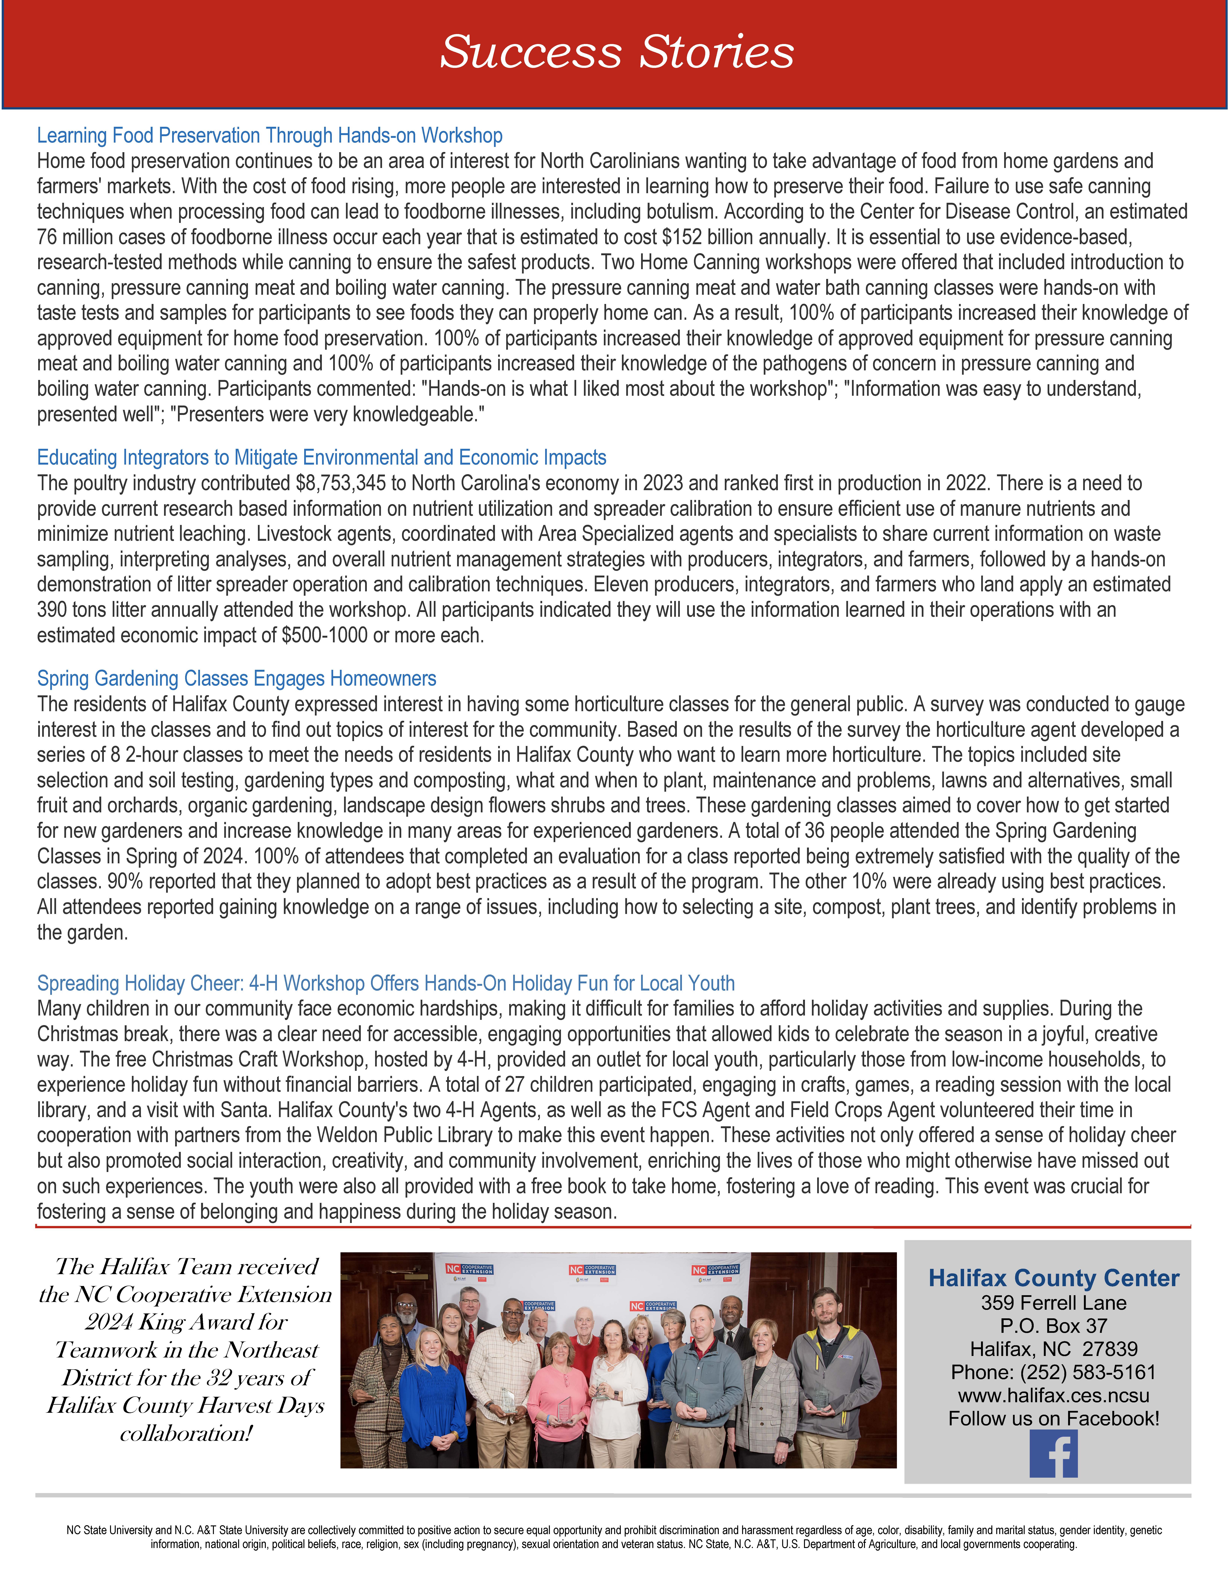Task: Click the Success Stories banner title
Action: click(x=617, y=52)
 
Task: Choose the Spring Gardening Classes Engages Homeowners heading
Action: click(x=236, y=679)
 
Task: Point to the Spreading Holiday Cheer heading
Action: click(x=386, y=984)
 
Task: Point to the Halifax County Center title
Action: click(x=1053, y=1278)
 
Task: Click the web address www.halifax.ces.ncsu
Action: click(x=1053, y=1395)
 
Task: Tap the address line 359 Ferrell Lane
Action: click(x=1053, y=1303)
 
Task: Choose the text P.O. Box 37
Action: click(x=1053, y=1326)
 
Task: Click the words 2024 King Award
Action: click(x=185, y=1322)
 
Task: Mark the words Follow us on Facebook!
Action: click(x=1053, y=1419)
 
